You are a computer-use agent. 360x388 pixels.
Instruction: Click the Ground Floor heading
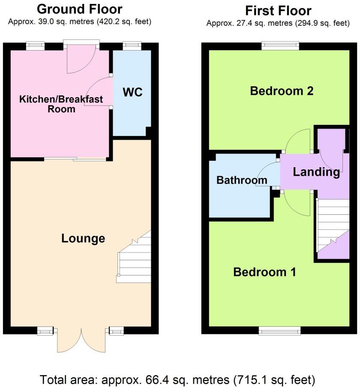(79, 9)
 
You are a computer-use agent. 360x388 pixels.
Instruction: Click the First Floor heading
(278, 11)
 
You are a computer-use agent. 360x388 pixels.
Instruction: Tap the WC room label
(132, 92)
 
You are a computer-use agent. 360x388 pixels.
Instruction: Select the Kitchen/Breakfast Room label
(61, 104)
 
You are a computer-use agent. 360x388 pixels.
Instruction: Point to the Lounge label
(83, 238)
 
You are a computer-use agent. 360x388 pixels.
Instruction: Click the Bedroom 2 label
(276, 91)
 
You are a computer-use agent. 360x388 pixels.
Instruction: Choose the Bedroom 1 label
(264, 272)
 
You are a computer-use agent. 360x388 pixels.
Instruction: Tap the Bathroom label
(242, 180)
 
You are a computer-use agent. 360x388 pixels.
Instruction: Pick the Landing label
(316, 172)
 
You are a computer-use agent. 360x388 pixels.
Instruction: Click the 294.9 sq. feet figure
(320, 23)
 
